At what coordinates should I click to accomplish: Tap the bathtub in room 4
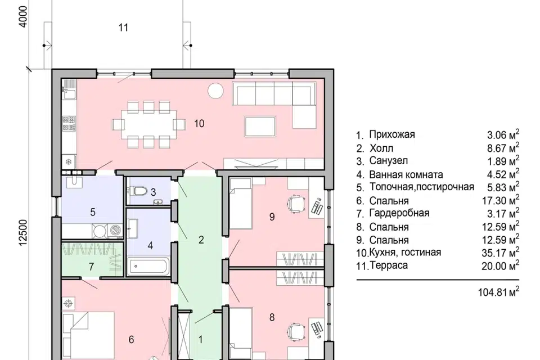click(x=148, y=266)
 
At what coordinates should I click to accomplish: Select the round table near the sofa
click(x=215, y=91)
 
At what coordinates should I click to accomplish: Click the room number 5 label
click(x=93, y=212)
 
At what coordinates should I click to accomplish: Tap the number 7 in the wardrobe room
click(x=91, y=267)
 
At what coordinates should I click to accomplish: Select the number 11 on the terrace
click(x=123, y=28)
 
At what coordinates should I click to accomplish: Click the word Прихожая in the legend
click(x=392, y=134)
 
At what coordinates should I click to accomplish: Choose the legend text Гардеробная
click(x=399, y=213)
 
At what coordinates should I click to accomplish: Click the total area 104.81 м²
click(x=498, y=292)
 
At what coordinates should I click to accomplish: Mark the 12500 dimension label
click(x=23, y=233)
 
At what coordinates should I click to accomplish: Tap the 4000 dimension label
click(x=22, y=16)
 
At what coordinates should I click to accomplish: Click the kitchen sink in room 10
click(x=69, y=94)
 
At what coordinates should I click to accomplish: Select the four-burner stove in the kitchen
click(x=69, y=124)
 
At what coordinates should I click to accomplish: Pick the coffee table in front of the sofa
click(x=260, y=127)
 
